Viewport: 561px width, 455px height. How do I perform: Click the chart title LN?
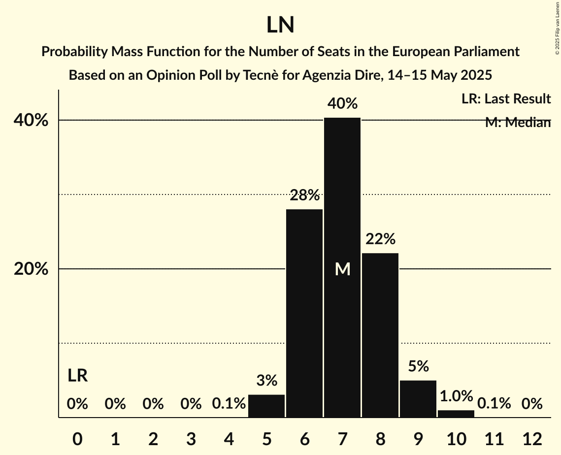[x=280, y=25]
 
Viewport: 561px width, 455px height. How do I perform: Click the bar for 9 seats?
[x=418, y=399]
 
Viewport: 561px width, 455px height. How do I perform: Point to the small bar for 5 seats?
[x=266, y=406]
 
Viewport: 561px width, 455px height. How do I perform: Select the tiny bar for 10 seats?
[x=456, y=414]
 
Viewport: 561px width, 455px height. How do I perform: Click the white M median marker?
[x=342, y=269]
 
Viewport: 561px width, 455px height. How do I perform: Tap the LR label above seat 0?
[x=77, y=376]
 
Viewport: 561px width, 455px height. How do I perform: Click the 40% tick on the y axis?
[x=34, y=120]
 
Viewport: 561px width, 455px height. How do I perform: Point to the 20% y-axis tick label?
[x=34, y=269]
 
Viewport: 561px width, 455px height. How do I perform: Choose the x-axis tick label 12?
[x=532, y=439]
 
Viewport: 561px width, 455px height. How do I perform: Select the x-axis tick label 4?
[x=229, y=439]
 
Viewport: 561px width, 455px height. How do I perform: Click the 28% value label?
[x=304, y=195]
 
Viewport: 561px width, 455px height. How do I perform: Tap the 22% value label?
[x=380, y=239]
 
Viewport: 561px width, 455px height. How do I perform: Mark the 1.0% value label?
[x=456, y=396]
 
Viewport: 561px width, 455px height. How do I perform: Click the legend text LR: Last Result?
[x=506, y=99]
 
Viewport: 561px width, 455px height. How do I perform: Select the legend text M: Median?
[x=518, y=122]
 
